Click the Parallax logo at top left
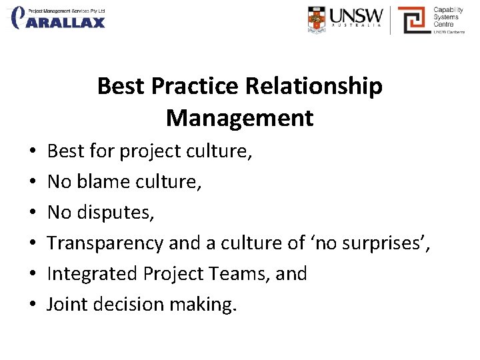(59, 18)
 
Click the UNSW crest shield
(318, 19)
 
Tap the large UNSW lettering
(358, 16)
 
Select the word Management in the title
(239, 118)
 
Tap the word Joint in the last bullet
(65, 305)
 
